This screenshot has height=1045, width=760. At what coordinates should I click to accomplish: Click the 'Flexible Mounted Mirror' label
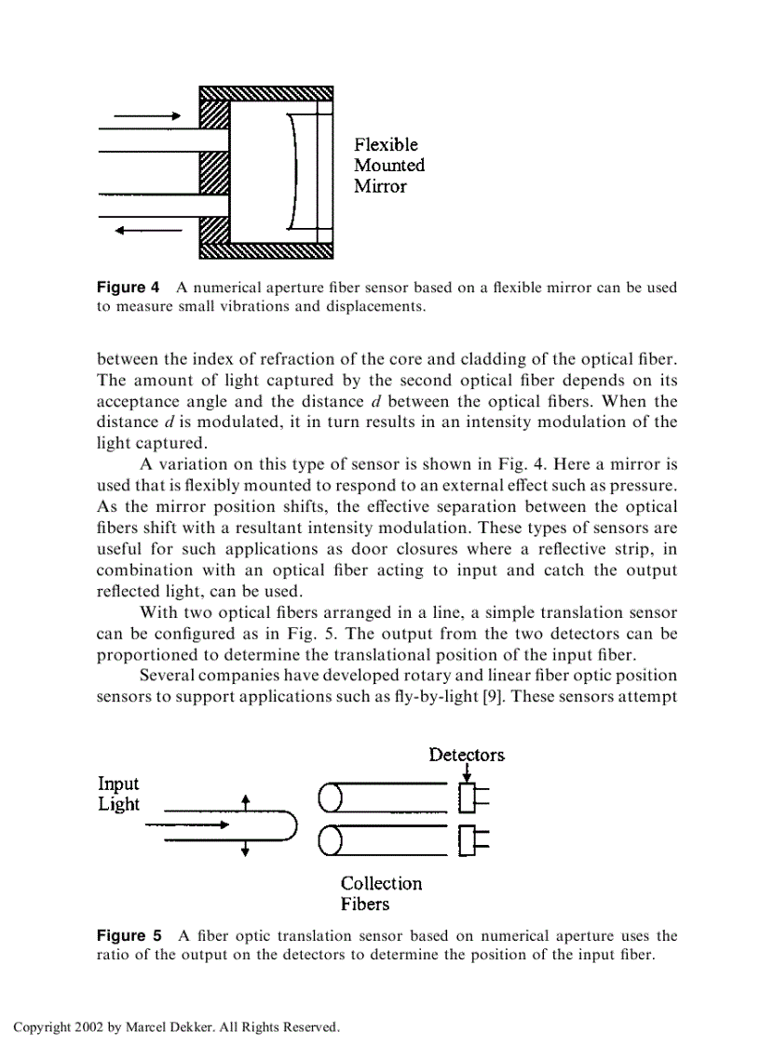388,166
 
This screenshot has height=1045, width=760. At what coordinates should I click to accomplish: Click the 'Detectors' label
467,755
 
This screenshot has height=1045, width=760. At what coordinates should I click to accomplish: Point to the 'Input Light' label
118,794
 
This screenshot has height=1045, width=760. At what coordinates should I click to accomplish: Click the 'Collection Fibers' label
380,893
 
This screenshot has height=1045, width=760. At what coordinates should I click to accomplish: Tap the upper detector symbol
473,798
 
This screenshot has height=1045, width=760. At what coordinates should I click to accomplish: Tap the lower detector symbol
473,840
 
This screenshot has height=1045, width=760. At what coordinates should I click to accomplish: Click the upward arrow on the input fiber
245,802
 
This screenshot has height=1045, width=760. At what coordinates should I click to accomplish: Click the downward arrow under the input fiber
245,847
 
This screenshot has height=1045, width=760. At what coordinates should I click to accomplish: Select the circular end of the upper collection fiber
329,797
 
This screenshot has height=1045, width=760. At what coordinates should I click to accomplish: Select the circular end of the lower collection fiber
329,841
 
